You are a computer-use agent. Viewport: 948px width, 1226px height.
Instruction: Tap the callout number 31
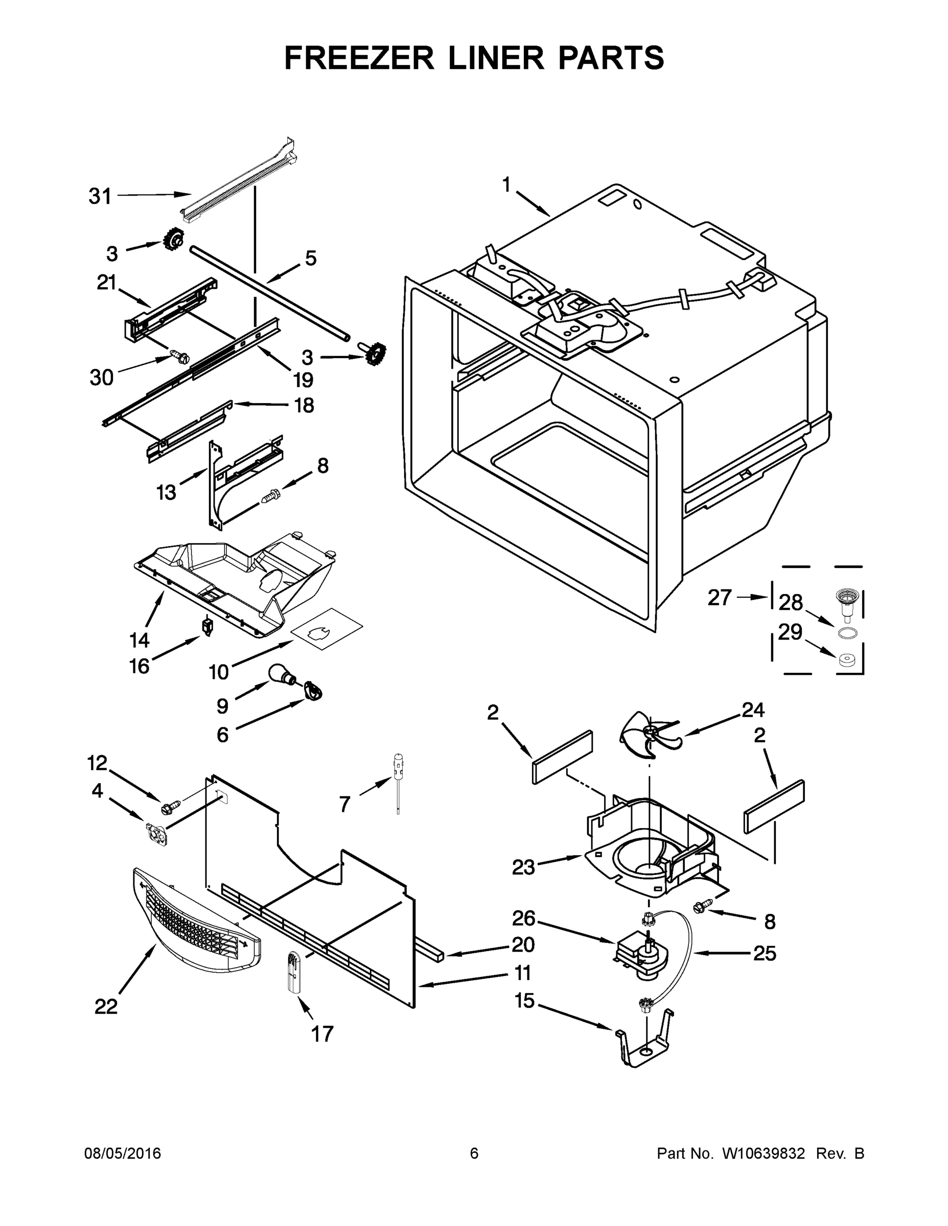click(100, 197)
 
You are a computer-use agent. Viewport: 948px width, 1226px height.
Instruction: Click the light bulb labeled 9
click(281, 673)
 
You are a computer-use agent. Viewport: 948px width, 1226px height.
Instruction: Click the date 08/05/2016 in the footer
click(123, 1153)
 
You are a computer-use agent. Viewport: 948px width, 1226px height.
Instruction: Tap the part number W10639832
click(763, 1153)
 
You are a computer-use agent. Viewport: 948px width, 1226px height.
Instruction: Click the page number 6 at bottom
click(474, 1153)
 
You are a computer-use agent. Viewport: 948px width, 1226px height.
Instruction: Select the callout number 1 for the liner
click(506, 185)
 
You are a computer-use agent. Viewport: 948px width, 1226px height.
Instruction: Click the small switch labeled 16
click(208, 626)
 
